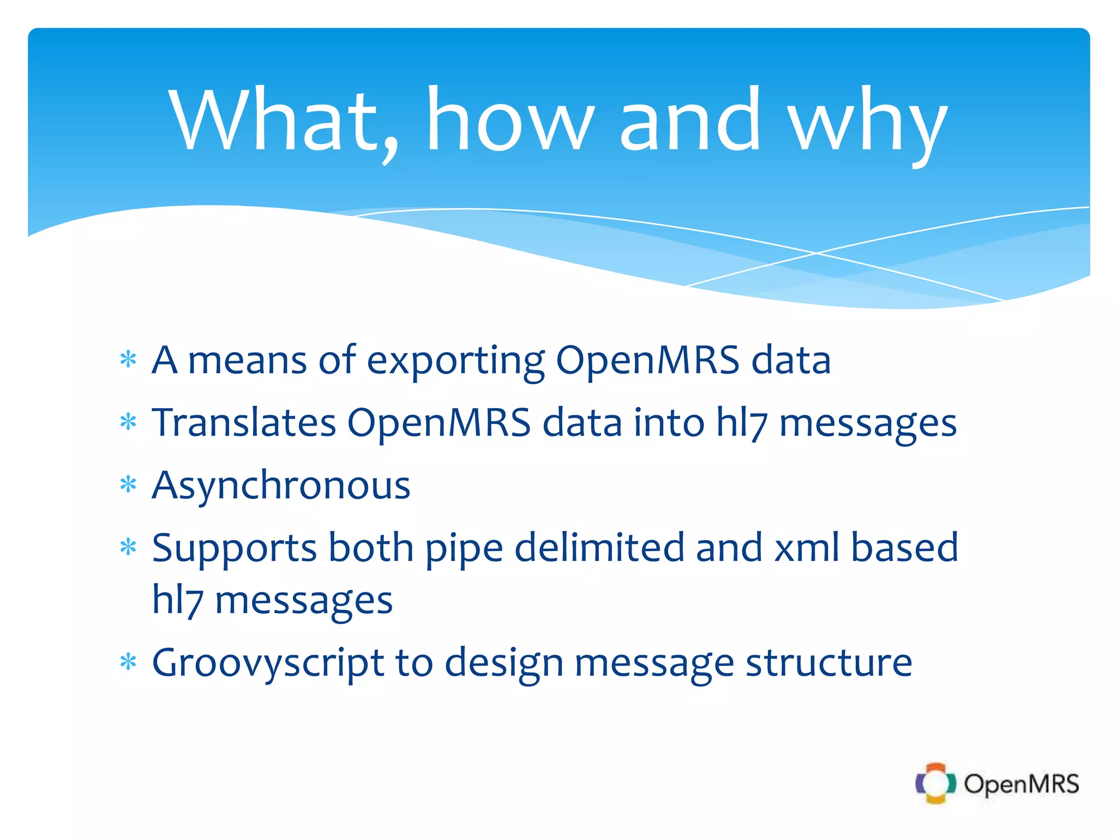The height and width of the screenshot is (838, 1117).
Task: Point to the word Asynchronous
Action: [x=281, y=486]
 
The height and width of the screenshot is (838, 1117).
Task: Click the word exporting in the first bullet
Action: [x=455, y=361]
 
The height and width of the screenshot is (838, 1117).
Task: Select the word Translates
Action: [x=244, y=423]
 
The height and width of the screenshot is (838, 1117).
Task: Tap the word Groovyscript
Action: [x=268, y=663]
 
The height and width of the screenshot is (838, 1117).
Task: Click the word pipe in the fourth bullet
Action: [x=464, y=549]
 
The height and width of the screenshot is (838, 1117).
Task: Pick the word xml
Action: [x=807, y=548]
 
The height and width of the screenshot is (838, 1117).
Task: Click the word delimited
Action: [x=599, y=548]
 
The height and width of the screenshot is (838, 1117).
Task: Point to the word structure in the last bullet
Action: [x=828, y=662]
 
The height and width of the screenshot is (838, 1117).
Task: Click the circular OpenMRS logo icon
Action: [x=935, y=783]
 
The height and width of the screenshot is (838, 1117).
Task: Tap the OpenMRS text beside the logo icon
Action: [x=1021, y=784]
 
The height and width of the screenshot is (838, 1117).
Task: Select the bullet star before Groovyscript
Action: [x=128, y=662]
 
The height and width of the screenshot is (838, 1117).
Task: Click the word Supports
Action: [x=234, y=549]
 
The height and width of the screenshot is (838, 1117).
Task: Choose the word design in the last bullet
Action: [x=504, y=663]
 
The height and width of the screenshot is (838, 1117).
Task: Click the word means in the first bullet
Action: [x=247, y=361]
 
